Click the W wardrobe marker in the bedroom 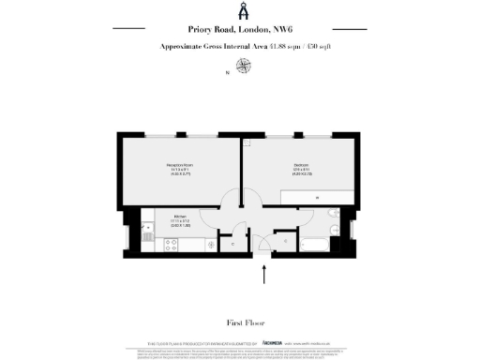(x=318, y=198)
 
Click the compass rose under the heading (x=245, y=66)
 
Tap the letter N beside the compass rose (x=225, y=72)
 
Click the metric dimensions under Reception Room (x=181, y=173)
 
